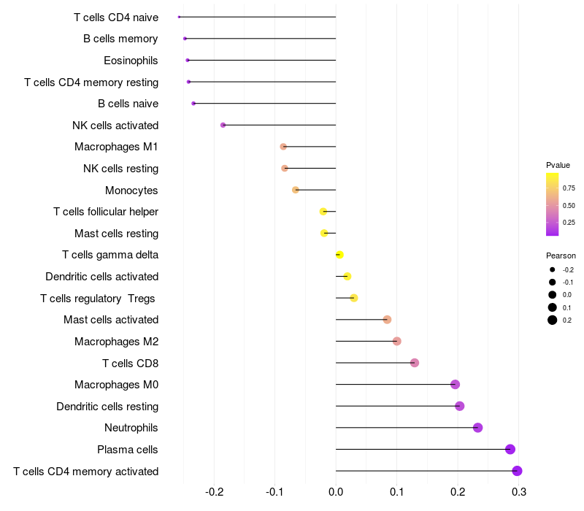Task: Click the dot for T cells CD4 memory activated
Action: click(x=517, y=471)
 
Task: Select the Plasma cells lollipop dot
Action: click(x=510, y=449)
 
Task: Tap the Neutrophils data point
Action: click(x=477, y=428)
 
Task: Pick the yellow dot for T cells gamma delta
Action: click(x=339, y=255)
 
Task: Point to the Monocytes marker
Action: click(x=296, y=190)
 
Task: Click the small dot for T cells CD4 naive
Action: click(x=180, y=17)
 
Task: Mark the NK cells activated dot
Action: click(x=223, y=125)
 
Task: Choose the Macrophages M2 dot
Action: click(x=396, y=341)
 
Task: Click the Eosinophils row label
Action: click(x=131, y=61)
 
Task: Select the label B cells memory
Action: click(x=120, y=39)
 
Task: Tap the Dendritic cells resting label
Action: click(x=107, y=406)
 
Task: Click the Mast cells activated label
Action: click(x=111, y=320)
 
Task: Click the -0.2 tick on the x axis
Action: click(x=215, y=492)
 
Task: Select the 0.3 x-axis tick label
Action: click(x=518, y=492)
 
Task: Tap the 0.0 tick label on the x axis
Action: click(x=336, y=492)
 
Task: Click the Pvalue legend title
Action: click(x=558, y=165)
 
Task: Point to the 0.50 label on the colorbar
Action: click(x=569, y=205)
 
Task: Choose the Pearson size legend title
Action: click(x=561, y=256)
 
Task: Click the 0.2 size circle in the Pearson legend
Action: click(x=553, y=320)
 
